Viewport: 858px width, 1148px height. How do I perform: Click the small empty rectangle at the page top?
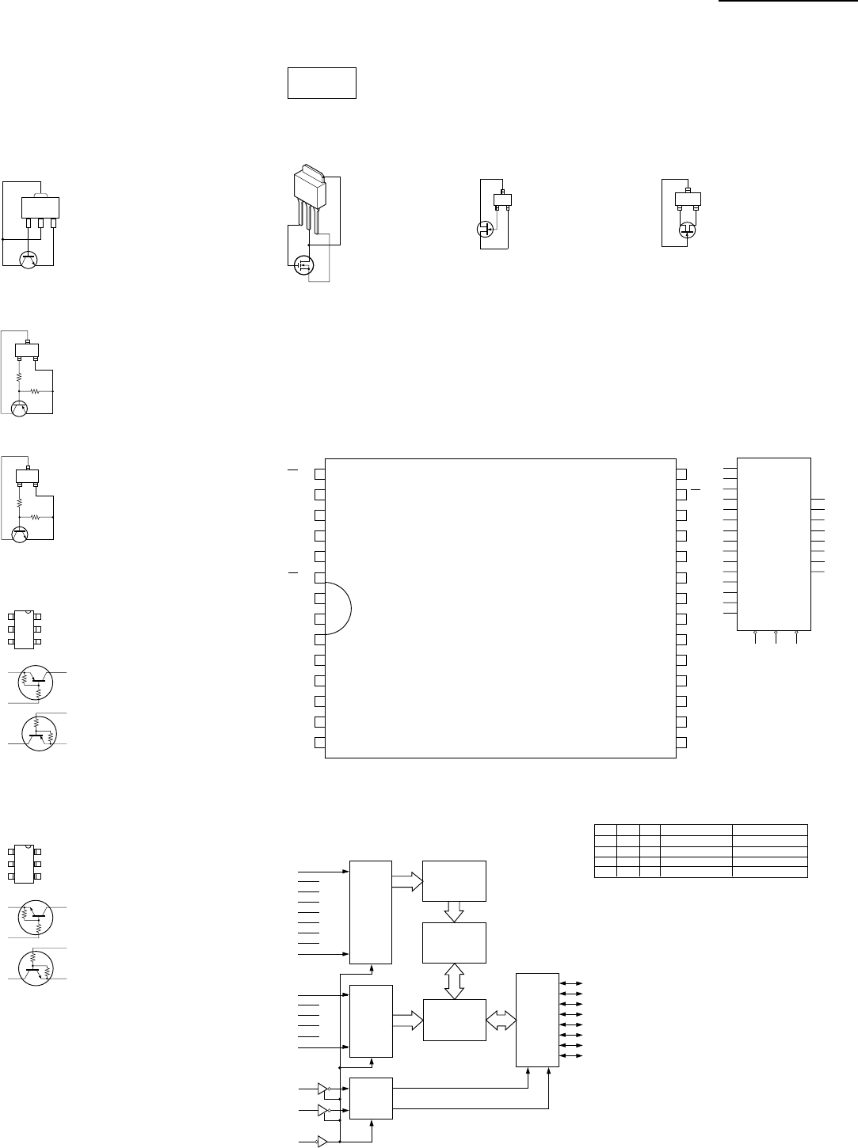click(x=321, y=83)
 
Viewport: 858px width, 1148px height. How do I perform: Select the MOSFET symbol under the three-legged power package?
click(x=303, y=264)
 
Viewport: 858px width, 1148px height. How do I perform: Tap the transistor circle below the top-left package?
click(x=29, y=258)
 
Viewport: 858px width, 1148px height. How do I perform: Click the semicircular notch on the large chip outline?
click(x=337, y=607)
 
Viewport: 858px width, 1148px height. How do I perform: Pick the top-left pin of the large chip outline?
click(x=319, y=474)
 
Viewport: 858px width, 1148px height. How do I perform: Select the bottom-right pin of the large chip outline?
click(x=682, y=743)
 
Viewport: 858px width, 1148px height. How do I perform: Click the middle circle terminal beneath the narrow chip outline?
click(x=776, y=633)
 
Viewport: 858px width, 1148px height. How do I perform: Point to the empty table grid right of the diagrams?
click(x=700, y=851)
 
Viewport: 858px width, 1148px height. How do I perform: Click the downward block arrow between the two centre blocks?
click(x=454, y=911)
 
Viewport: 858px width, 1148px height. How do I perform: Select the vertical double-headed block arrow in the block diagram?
click(x=454, y=981)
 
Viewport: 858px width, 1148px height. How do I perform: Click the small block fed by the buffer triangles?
click(x=371, y=1098)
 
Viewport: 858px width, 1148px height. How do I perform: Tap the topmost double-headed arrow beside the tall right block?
click(x=570, y=983)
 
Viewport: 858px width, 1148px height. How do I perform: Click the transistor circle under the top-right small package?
click(x=688, y=230)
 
